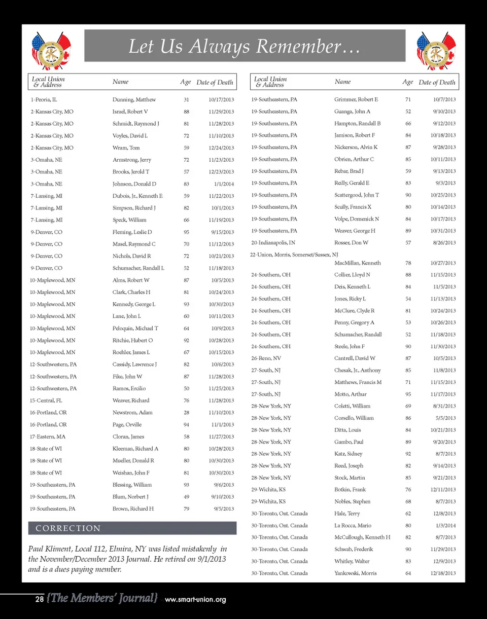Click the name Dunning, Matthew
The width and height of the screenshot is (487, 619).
[134, 99]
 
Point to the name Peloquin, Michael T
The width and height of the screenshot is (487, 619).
[135, 329]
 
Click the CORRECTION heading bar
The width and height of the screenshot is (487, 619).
[132, 528]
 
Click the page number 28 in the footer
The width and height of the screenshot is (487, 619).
[39, 599]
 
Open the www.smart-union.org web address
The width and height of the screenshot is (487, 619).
[195, 600]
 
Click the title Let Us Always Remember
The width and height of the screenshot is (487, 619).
[245, 47]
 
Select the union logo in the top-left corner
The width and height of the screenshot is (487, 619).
[51, 50]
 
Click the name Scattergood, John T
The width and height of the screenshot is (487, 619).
[357, 195]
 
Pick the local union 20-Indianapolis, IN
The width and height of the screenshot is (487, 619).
[273, 243]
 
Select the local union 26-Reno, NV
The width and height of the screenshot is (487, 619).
[266, 358]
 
